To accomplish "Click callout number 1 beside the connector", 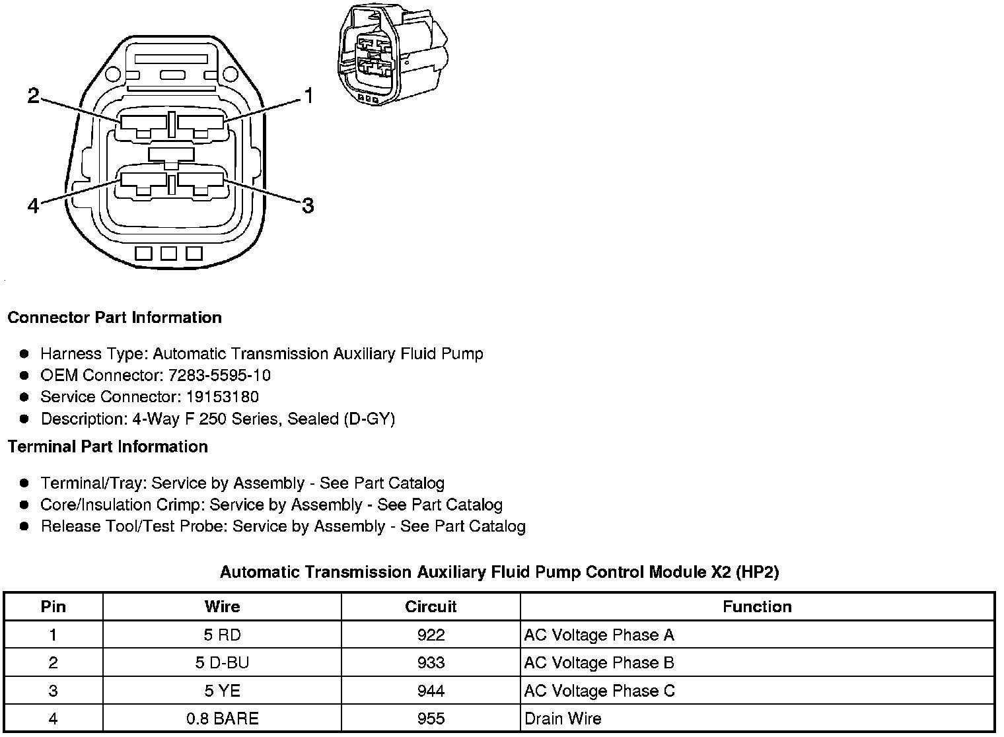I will (307, 96).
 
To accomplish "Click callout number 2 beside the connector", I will (33, 96).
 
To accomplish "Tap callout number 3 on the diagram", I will (307, 205).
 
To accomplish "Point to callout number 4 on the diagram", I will (33, 206).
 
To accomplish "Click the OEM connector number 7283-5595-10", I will (219, 376).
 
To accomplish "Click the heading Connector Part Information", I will (114, 318).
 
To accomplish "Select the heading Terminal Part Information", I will (108, 447).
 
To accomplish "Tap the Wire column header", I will (222, 607).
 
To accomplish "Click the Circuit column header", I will (431, 607).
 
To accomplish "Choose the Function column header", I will (757, 607).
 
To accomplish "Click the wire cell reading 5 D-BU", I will (222, 663).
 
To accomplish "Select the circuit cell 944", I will (431, 691).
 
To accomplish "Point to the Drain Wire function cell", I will (563, 719).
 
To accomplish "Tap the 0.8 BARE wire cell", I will (222, 719).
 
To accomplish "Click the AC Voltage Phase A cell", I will (599, 635).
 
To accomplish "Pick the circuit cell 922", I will (431, 635).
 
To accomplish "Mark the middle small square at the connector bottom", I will (168, 254).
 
